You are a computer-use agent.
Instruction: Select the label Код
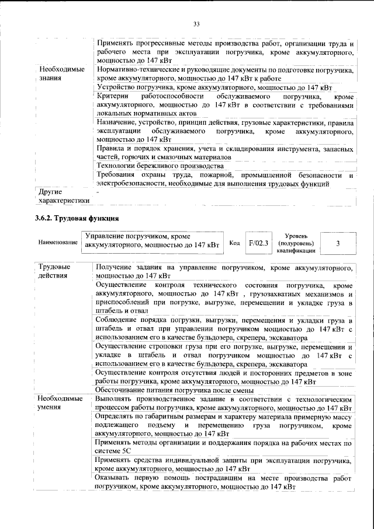(x=234, y=243)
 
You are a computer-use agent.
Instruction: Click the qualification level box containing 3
(x=338, y=243)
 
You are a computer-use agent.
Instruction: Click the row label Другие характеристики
(x=64, y=195)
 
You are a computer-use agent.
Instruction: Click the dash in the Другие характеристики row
(x=98, y=191)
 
